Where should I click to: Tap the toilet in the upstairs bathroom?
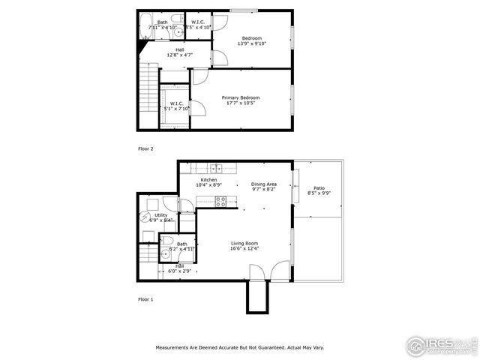coord(175,19)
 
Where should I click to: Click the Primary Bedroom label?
coord(240,97)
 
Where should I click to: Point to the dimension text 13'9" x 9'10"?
coord(251,43)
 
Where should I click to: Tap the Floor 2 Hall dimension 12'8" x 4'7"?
coord(179,55)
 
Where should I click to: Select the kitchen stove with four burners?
coord(220,201)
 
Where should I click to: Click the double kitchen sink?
coord(215,167)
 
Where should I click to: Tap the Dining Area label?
coord(263,184)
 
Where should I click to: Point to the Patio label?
coord(319,188)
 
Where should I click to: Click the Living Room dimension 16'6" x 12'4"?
coord(244,248)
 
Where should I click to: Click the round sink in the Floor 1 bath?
coord(166,254)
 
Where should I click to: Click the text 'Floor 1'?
coord(145,299)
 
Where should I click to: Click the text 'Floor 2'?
coord(145,148)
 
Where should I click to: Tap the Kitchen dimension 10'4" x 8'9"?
coord(208,184)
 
